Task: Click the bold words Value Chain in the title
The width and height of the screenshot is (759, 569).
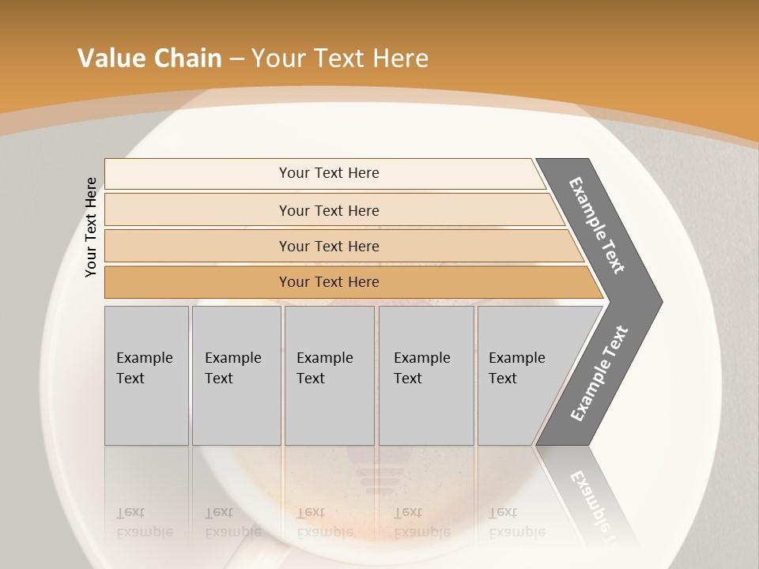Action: [x=149, y=58]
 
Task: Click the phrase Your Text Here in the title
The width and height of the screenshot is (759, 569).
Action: [x=340, y=58]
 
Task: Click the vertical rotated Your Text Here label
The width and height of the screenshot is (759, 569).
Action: [x=92, y=227]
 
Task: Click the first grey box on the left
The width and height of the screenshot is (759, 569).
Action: [x=146, y=375]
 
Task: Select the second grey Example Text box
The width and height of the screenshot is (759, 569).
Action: [x=236, y=375]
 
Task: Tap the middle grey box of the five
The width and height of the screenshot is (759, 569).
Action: [x=329, y=375]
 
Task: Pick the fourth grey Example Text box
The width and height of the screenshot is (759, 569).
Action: [x=426, y=375]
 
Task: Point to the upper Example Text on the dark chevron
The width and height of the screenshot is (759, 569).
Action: [x=597, y=226]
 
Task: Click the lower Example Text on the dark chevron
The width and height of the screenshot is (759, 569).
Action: [x=599, y=374]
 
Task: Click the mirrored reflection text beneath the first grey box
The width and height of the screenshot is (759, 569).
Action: [x=144, y=522]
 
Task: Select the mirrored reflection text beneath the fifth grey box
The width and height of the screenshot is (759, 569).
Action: [x=516, y=522]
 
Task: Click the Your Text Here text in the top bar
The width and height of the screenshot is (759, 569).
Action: [x=329, y=173]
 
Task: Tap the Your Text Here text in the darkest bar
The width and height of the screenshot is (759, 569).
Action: [x=329, y=282]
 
